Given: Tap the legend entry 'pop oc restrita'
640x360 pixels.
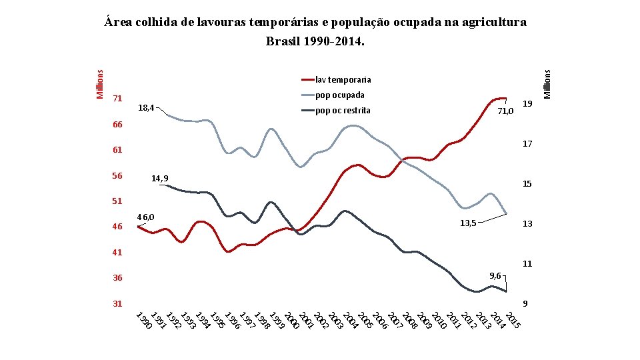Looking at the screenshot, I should pyautogui.click(x=342, y=110).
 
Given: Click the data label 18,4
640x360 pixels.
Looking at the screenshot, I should pyautogui.click(x=145, y=107).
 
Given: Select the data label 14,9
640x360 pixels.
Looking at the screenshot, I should pyautogui.click(x=159, y=178).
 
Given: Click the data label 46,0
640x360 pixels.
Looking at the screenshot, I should pyautogui.click(x=145, y=217).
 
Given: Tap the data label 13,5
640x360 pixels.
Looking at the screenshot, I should pyautogui.click(x=468, y=223).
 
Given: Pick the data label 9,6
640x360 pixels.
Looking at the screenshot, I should pyautogui.click(x=496, y=275).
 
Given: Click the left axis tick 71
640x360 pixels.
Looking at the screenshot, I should pyautogui.click(x=117, y=99).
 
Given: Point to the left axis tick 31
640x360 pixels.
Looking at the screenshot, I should pyautogui.click(x=117, y=303).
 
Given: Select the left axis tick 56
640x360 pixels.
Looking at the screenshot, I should pyautogui.click(x=117, y=176).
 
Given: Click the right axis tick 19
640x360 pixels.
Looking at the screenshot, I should pyautogui.click(x=527, y=104).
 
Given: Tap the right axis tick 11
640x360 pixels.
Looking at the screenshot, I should pyautogui.click(x=527, y=264).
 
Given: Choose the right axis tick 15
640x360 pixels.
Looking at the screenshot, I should pyautogui.click(x=527, y=184).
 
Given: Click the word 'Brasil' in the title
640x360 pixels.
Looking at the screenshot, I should pyautogui.click(x=284, y=41).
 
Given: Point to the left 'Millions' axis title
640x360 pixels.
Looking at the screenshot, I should pyautogui.click(x=100, y=85).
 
